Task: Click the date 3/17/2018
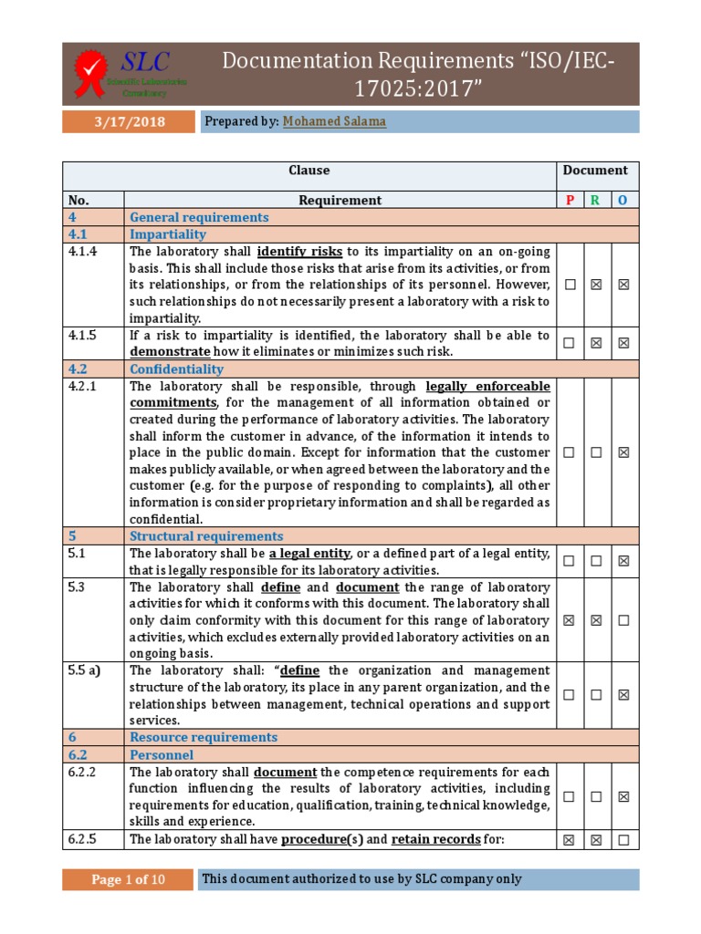(128, 121)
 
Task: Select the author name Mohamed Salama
(334, 121)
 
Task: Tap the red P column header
(570, 200)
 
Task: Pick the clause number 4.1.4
(82, 252)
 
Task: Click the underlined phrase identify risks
(300, 252)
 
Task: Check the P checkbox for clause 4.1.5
(570, 343)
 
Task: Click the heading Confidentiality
(176, 369)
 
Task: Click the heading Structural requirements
(206, 536)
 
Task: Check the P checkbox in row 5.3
(570, 620)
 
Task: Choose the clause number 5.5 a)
(84, 670)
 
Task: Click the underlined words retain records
(435, 839)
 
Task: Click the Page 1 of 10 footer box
(128, 879)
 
